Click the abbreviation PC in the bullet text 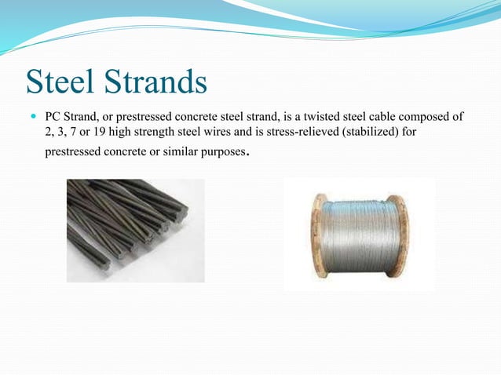click(52, 117)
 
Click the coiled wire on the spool click(362, 235)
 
